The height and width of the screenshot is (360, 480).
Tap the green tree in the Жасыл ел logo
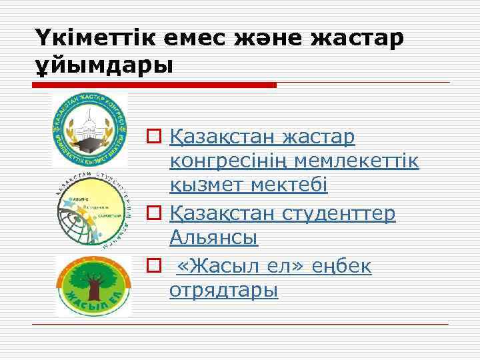click(x=90, y=277)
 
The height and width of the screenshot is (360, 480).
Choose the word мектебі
click(x=289, y=185)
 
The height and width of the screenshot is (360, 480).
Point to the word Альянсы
click(x=214, y=237)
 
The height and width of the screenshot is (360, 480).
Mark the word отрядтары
click(x=224, y=291)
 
